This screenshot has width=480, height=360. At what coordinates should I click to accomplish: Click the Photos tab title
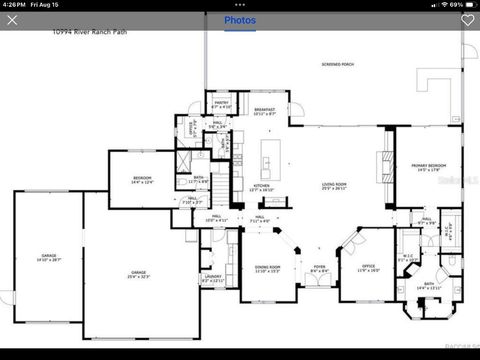pos(239,20)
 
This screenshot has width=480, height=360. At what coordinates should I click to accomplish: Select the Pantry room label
pos(222,103)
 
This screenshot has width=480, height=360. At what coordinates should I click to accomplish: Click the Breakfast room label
pos(264,111)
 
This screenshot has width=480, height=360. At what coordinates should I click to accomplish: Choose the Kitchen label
pos(261,186)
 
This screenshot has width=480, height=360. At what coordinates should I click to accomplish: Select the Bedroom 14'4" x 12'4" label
pos(142,180)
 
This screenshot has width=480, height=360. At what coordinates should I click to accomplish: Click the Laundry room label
pos(212,277)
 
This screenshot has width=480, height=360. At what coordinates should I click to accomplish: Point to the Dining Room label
pos(266,268)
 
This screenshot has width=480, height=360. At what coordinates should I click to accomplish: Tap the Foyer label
pos(319,268)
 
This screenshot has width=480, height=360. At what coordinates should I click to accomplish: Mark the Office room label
pos(368,267)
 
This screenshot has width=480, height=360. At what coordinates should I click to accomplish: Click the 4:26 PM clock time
pos(16,5)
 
